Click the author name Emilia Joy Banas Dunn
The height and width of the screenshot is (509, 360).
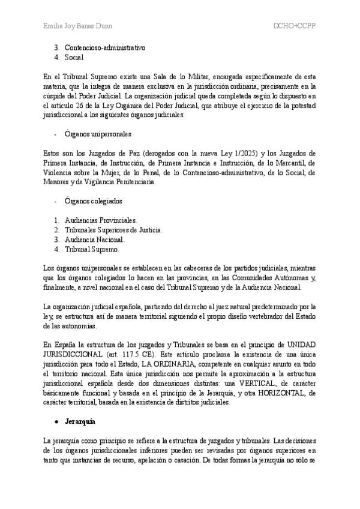pyautogui.click(x=78, y=26)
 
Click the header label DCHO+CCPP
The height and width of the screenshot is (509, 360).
pyautogui.click(x=295, y=26)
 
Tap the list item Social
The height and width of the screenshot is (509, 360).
pyautogui.click(x=74, y=57)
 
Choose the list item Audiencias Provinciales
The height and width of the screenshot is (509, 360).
pyautogui.click(x=101, y=220)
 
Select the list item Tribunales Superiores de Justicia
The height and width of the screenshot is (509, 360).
pyautogui.click(x=113, y=230)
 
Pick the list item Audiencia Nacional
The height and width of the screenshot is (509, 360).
pyautogui.click(x=95, y=239)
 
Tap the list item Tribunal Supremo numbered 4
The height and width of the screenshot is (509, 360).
pyautogui.click(x=92, y=248)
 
